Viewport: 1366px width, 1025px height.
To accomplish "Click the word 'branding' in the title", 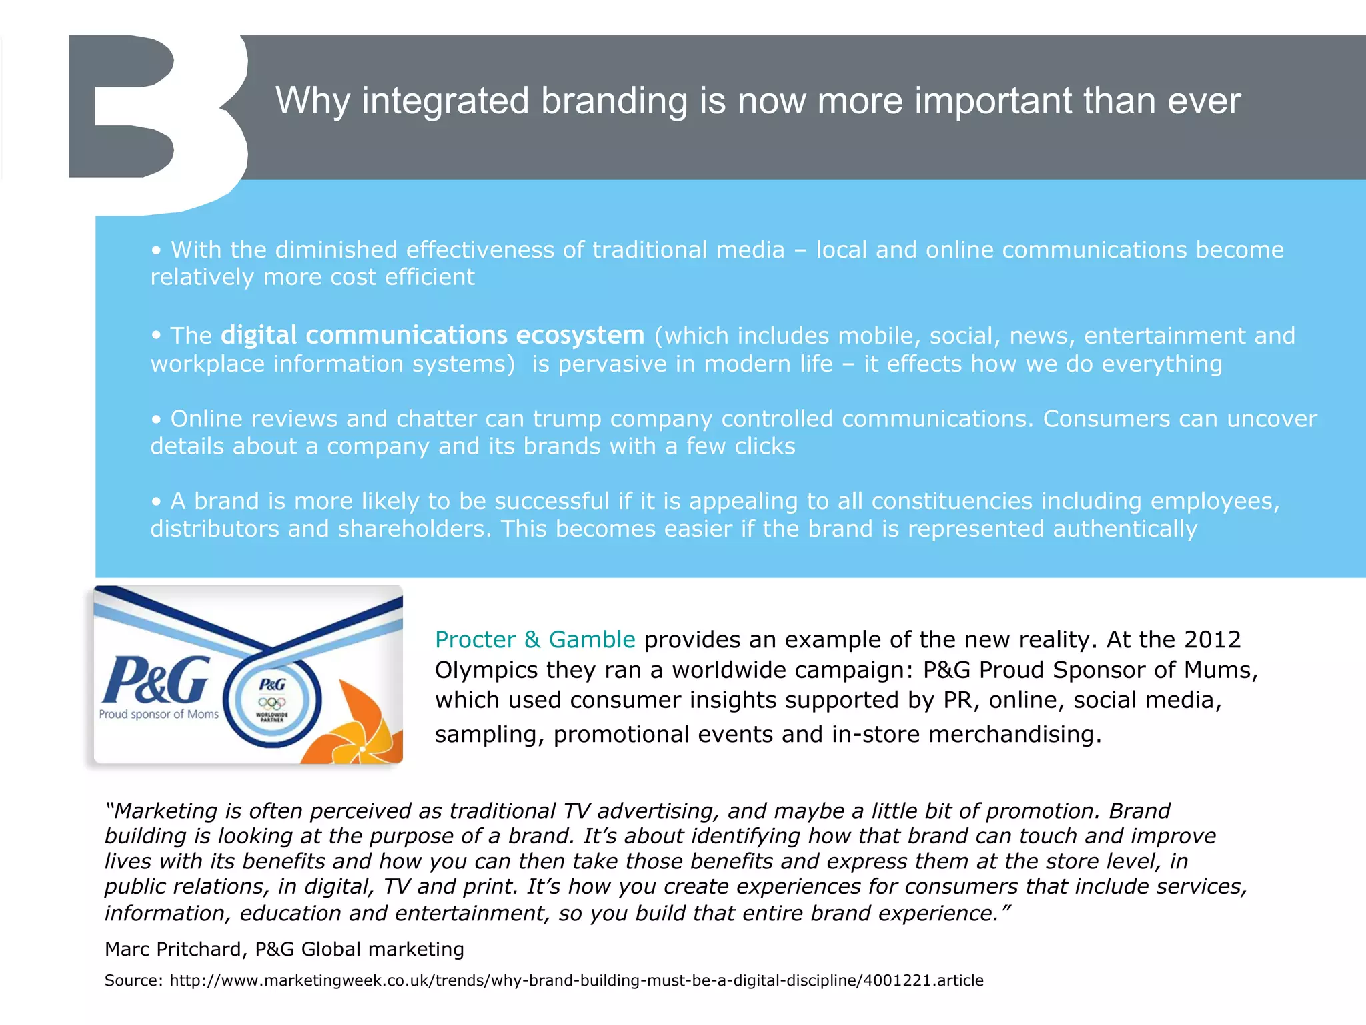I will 614,101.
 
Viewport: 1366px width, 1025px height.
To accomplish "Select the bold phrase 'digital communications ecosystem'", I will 432,335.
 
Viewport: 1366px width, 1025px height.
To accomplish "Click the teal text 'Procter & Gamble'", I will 535,639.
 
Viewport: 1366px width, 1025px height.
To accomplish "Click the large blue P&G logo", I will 156,680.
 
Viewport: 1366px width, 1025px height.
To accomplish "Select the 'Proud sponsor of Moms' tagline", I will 159,714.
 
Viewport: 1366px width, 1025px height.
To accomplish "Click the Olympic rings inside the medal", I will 272,702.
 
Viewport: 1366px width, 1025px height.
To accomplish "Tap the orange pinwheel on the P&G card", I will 357,731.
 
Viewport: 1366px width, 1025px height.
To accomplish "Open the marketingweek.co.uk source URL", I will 576,980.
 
